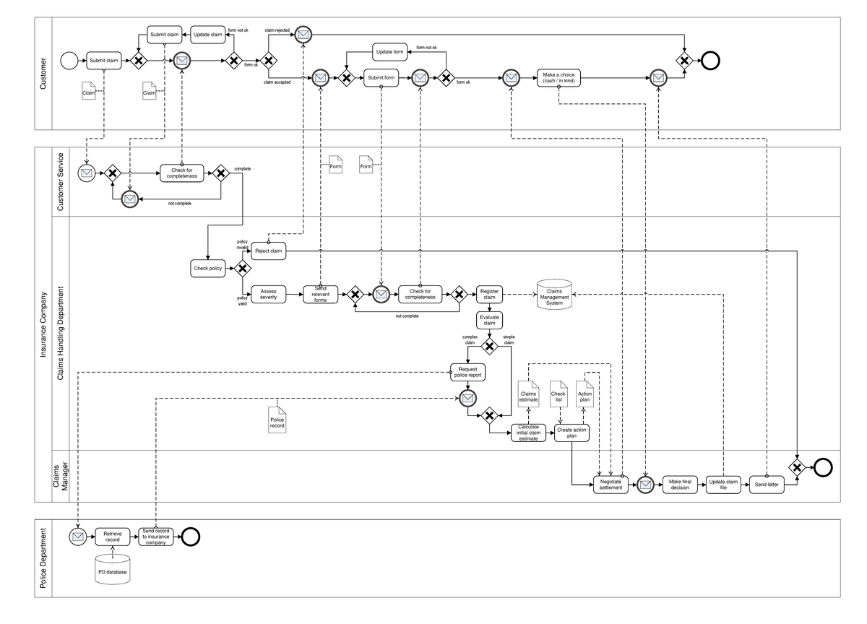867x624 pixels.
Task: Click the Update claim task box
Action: tap(207, 34)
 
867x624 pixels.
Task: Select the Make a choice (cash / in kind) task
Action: tap(558, 78)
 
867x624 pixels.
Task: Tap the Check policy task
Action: tap(209, 269)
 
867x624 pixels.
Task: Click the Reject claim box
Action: tap(269, 251)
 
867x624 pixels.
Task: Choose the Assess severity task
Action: tap(269, 294)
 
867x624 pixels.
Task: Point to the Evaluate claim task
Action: tap(489, 320)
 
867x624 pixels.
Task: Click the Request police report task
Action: tap(467, 372)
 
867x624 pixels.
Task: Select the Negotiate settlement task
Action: tap(611, 485)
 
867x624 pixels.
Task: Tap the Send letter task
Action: tap(767, 485)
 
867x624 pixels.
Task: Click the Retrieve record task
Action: tap(112, 537)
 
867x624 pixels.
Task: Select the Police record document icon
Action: tap(277, 420)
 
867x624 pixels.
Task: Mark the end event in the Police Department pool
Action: tap(191, 537)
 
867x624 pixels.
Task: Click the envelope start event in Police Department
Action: tap(78, 537)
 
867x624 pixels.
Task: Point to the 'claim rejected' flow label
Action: tap(277, 30)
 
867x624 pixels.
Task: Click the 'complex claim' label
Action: tap(470, 339)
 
